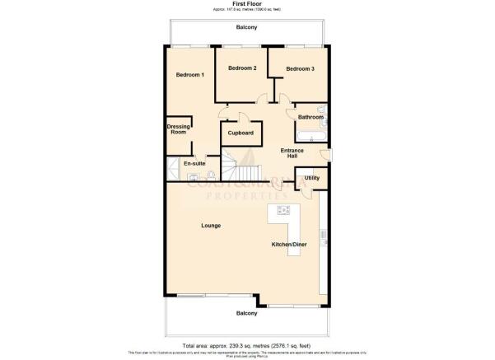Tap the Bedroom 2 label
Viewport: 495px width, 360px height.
pyautogui.click(x=242, y=68)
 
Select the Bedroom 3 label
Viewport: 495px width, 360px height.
pyautogui.click(x=301, y=69)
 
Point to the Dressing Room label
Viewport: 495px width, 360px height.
pyautogui.click(x=179, y=129)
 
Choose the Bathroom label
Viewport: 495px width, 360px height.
pyautogui.click(x=311, y=117)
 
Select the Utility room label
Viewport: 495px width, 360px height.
pyautogui.click(x=311, y=178)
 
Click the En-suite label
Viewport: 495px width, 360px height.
pyautogui.click(x=194, y=163)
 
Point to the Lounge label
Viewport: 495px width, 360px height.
pyautogui.click(x=210, y=225)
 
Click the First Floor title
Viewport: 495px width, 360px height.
pyautogui.click(x=247, y=4)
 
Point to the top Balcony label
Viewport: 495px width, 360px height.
pyautogui.click(x=246, y=28)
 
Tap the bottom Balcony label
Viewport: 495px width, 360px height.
pyautogui.click(x=246, y=314)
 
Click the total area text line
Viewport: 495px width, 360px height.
pyautogui.click(x=247, y=346)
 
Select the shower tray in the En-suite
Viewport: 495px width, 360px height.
pyautogui.click(x=174, y=171)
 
